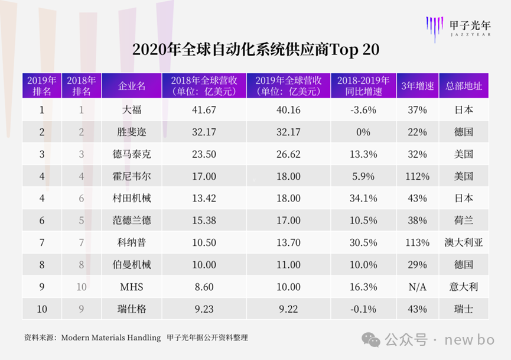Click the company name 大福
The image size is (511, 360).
(x=131, y=109)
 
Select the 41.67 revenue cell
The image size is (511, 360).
(x=204, y=109)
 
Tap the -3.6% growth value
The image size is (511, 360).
(x=363, y=109)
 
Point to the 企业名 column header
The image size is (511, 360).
(x=131, y=86)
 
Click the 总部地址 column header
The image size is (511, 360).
(x=464, y=86)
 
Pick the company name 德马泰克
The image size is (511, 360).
(x=131, y=154)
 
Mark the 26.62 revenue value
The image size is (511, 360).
(x=289, y=154)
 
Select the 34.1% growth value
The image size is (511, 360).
(x=363, y=198)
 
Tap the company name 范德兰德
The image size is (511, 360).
(x=131, y=220)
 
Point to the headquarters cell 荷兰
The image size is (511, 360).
(x=464, y=220)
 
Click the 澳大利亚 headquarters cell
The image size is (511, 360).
(x=464, y=242)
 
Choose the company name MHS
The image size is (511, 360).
(x=131, y=287)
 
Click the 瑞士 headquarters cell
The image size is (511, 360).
(x=464, y=309)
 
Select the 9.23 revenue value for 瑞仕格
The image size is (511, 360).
(x=204, y=309)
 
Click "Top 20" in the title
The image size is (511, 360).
(x=350, y=50)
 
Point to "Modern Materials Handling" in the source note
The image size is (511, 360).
(x=111, y=338)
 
